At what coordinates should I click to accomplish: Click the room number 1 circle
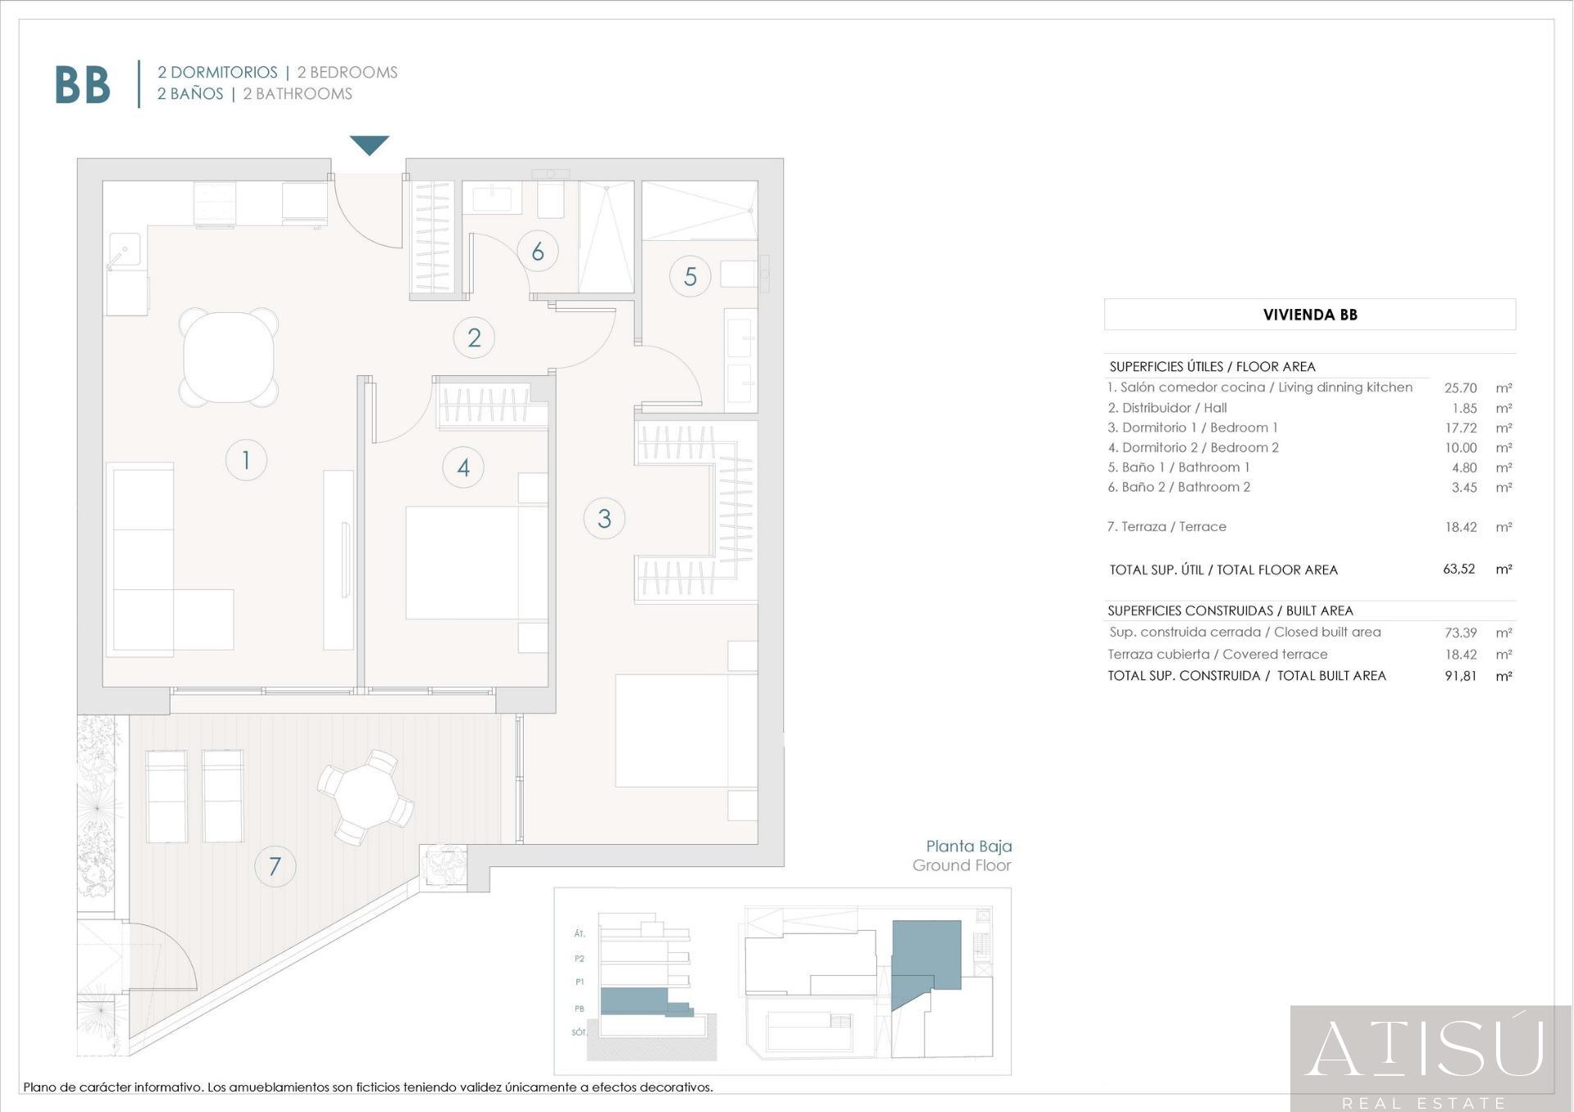click(x=246, y=460)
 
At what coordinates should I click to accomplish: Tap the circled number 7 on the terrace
click(x=275, y=866)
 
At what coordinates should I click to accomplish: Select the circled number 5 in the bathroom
click(x=689, y=277)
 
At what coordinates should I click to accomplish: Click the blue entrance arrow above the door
click(x=369, y=144)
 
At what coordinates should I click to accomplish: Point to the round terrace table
click(x=366, y=797)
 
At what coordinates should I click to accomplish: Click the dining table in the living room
click(x=229, y=357)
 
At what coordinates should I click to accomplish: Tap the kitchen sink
click(x=125, y=249)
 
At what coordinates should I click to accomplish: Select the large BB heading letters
click(x=82, y=84)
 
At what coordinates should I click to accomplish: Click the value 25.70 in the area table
click(x=1460, y=388)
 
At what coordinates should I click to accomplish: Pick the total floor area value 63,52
click(x=1458, y=569)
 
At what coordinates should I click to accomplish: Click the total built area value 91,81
click(x=1460, y=676)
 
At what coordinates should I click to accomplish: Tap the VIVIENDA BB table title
click(x=1309, y=315)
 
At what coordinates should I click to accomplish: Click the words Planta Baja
click(x=968, y=846)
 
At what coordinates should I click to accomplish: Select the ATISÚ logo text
click(x=1425, y=1049)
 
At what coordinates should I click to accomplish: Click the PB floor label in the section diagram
click(x=580, y=1009)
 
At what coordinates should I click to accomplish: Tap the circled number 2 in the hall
click(x=474, y=338)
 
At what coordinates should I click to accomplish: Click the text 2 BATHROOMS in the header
click(x=298, y=94)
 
